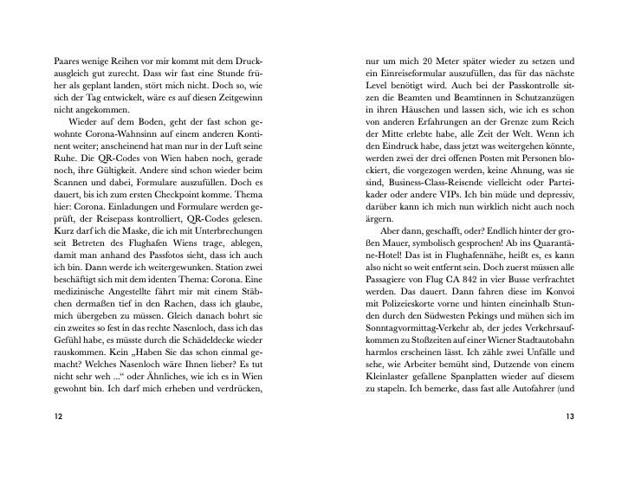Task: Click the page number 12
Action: click(58, 417)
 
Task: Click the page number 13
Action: click(569, 417)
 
